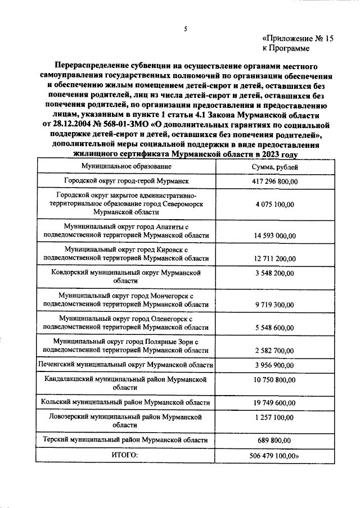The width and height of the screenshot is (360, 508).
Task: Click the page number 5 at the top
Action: pos(184,29)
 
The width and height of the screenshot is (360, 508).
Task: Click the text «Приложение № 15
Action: pos(298,38)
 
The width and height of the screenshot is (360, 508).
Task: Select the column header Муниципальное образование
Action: pos(126,167)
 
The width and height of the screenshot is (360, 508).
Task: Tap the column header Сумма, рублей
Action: pos(275,168)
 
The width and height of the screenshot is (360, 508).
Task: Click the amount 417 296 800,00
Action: pos(275,182)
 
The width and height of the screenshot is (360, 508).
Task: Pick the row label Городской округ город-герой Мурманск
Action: pos(126,182)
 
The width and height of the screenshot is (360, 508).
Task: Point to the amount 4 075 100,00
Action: pos(275,205)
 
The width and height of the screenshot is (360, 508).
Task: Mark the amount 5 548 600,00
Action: pos(275,326)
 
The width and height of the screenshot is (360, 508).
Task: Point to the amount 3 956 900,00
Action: pos(275,365)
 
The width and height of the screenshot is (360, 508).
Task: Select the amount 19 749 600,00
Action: pos(275,402)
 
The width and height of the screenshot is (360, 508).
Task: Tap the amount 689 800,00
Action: pos(275,440)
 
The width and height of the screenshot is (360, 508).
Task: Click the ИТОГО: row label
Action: pos(126,455)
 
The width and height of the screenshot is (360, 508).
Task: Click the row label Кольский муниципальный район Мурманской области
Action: pos(126,402)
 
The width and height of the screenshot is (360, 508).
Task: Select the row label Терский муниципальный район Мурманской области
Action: pos(126,440)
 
